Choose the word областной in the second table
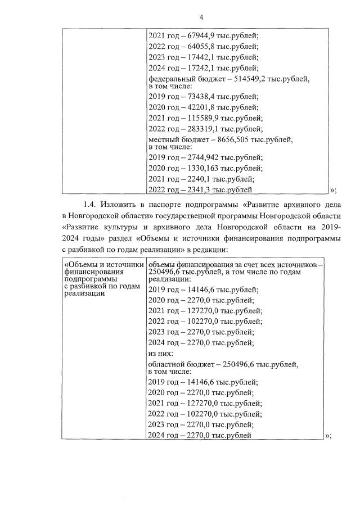click(168, 365)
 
